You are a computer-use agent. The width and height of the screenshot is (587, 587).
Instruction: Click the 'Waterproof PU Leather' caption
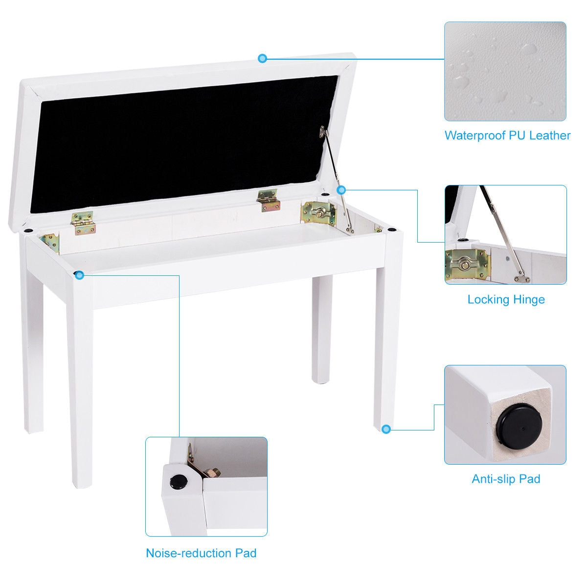point(507,135)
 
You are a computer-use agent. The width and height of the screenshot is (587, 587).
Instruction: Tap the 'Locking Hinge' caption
point(506,299)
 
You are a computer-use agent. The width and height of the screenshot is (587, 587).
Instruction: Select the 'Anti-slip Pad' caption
point(506,478)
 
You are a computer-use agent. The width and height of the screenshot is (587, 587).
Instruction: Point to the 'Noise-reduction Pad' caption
point(201,553)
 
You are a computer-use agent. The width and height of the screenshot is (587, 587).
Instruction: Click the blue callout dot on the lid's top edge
point(263,59)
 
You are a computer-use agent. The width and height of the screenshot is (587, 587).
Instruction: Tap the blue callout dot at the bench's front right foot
point(386,429)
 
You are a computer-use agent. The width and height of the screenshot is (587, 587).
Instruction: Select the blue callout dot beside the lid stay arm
point(341,189)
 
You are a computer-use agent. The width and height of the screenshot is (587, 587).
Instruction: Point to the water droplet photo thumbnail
point(505,71)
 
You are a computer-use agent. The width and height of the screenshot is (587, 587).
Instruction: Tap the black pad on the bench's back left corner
point(28,229)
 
